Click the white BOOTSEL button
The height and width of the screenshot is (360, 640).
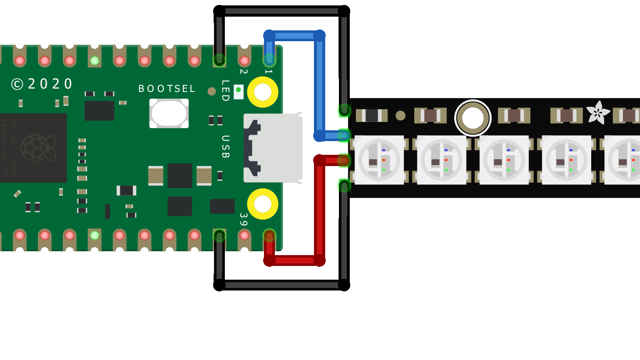(x=169, y=113)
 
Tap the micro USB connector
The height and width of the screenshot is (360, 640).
(x=273, y=148)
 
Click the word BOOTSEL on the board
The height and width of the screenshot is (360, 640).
(x=167, y=89)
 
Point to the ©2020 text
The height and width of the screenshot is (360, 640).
(x=42, y=84)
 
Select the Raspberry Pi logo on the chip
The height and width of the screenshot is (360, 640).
(x=37, y=148)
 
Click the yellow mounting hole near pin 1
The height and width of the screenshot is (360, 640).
(x=262, y=92)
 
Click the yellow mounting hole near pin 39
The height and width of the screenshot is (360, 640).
(x=262, y=204)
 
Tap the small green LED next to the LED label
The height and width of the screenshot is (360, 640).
(x=238, y=90)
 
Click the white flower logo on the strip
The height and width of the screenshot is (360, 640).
(x=598, y=112)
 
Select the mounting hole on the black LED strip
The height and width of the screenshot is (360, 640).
(x=473, y=118)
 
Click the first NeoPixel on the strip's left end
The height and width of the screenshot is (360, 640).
(x=379, y=160)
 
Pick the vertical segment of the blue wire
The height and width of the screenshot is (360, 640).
(x=319, y=85)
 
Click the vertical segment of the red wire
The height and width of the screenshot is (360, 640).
(x=319, y=210)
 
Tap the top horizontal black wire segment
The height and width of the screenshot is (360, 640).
(x=281, y=11)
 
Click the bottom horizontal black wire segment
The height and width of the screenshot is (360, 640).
(x=281, y=285)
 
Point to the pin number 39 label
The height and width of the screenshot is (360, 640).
(x=244, y=219)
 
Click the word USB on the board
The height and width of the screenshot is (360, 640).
(x=225, y=146)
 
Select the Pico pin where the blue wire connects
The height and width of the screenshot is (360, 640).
(x=269, y=60)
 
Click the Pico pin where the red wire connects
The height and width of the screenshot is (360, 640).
(x=269, y=236)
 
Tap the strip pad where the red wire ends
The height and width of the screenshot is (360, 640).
(x=344, y=160)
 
